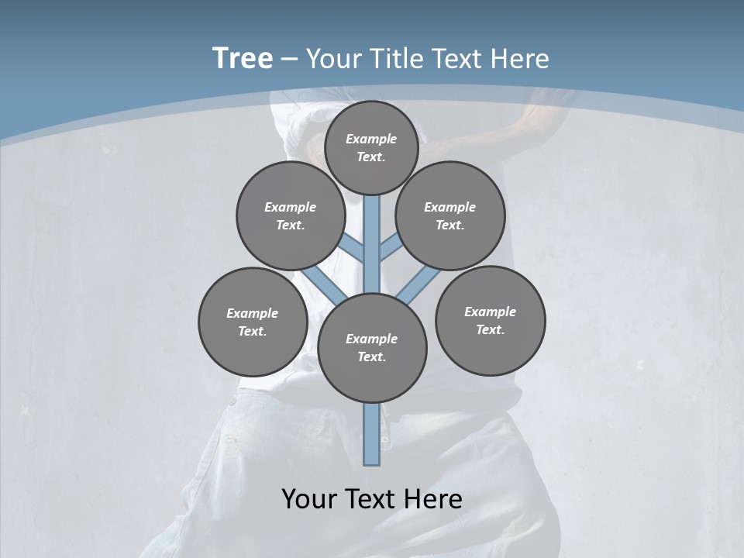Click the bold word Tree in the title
243,58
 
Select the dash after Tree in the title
289,59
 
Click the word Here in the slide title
519,59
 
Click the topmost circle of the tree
371,147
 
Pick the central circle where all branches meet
372,348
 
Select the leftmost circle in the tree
253,322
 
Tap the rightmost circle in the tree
490,320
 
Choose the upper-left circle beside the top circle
291,215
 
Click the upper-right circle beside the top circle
450,215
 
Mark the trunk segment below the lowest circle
372,434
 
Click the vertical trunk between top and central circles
372,240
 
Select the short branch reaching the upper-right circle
390,247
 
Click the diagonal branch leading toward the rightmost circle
418,284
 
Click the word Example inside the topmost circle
370,139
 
